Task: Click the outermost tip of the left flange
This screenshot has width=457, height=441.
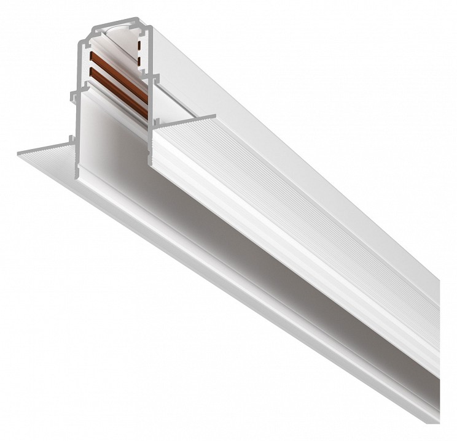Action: (x=18, y=150)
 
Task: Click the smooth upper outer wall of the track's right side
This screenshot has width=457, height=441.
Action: (x=276, y=123)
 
